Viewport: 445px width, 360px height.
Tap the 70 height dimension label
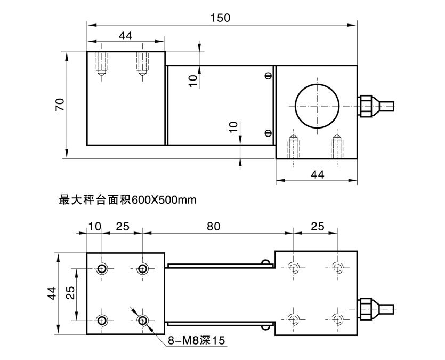coord(60,105)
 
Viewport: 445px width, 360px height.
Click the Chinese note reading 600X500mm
coord(128,201)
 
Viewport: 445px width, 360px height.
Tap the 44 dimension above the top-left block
coord(125,35)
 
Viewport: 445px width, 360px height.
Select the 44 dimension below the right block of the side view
coord(317,174)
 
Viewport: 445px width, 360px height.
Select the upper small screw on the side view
coord(268,76)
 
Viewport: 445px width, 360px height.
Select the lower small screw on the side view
coord(268,133)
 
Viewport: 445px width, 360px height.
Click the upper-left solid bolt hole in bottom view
coord(102,268)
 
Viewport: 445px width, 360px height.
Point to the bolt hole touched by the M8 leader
coord(142,319)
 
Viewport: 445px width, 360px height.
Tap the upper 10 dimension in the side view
coord(193,79)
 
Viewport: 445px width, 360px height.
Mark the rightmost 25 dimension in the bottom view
coord(317,226)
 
